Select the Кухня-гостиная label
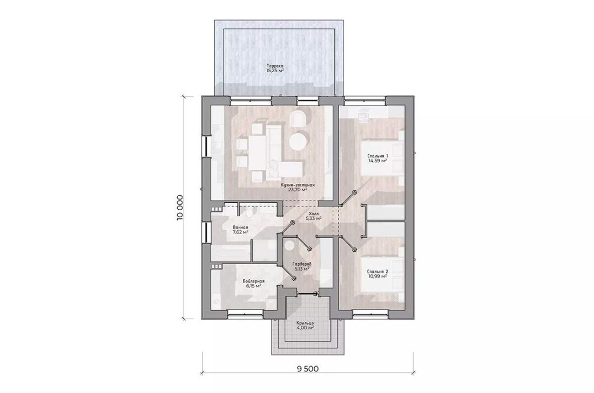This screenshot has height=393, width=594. (298, 185)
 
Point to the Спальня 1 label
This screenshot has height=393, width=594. (377, 156)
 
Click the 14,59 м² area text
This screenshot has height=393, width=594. (377, 161)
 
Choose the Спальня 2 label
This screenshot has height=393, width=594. (377, 272)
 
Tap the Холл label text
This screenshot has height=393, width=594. (314, 213)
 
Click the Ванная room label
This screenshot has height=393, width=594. (240, 227)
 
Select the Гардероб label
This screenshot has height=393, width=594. (302, 264)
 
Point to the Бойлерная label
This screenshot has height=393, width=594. (253, 281)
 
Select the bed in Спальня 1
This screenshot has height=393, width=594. (382, 158)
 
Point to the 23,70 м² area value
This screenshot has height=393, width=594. (298, 190)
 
